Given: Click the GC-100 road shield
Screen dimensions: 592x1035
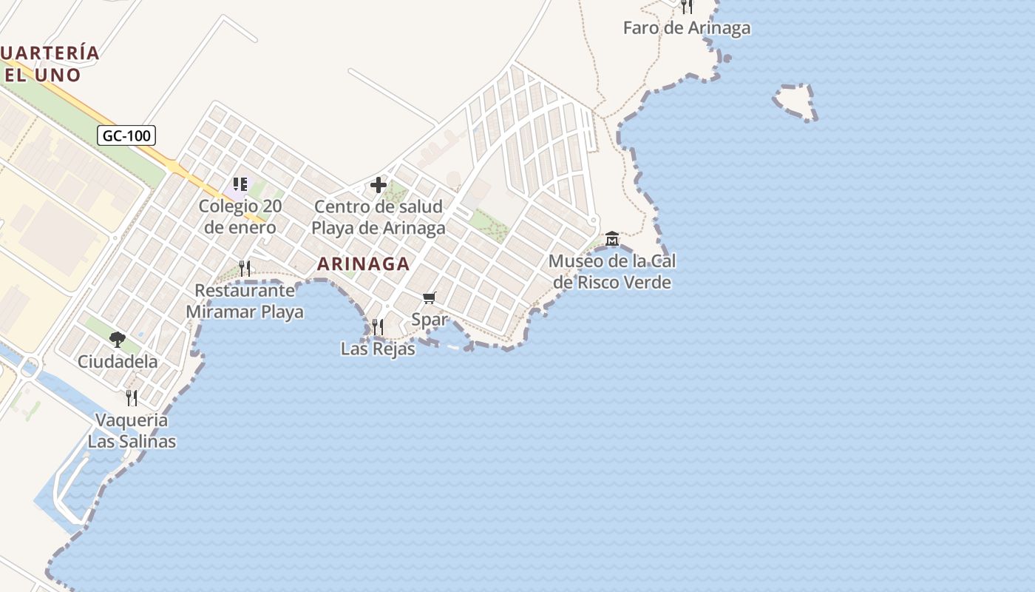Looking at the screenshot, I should [x=126, y=135].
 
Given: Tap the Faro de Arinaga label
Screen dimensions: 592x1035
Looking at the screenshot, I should [x=686, y=28].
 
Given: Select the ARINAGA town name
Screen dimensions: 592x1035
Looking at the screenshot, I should [x=363, y=263].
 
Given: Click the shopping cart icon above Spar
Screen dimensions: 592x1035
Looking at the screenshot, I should [x=429, y=297].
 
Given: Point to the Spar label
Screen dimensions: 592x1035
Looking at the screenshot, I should [x=430, y=320].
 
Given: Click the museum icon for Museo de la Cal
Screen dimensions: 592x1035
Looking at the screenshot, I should [x=612, y=239].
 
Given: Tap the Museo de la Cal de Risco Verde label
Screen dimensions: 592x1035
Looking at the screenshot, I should [x=612, y=272].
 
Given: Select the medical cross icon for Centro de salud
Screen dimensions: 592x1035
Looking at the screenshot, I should [x=379, y=184].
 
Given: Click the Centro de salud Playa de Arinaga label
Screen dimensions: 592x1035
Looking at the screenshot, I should [x=379, y=217].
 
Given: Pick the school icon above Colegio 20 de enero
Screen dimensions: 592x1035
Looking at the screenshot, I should [x=240, y=184].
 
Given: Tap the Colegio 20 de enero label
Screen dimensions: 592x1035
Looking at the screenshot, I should [x=240, y=217].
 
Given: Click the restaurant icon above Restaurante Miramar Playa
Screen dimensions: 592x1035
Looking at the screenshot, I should [x=245, y=268].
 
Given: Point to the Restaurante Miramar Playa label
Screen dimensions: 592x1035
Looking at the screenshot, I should [x=245, y=300].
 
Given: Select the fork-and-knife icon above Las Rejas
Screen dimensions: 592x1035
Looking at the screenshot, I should [x=378, y=326].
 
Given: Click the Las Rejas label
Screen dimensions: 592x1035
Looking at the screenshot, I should [x=378, y=349].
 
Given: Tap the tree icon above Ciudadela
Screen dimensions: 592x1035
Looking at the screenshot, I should [x=117, y=340].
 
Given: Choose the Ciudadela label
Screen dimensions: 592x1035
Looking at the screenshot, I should [x=118, y=362].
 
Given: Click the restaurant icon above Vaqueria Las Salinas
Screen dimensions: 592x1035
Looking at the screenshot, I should [x=132, y=398].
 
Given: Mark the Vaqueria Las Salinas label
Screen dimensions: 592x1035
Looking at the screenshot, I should [x=132, y=431].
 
